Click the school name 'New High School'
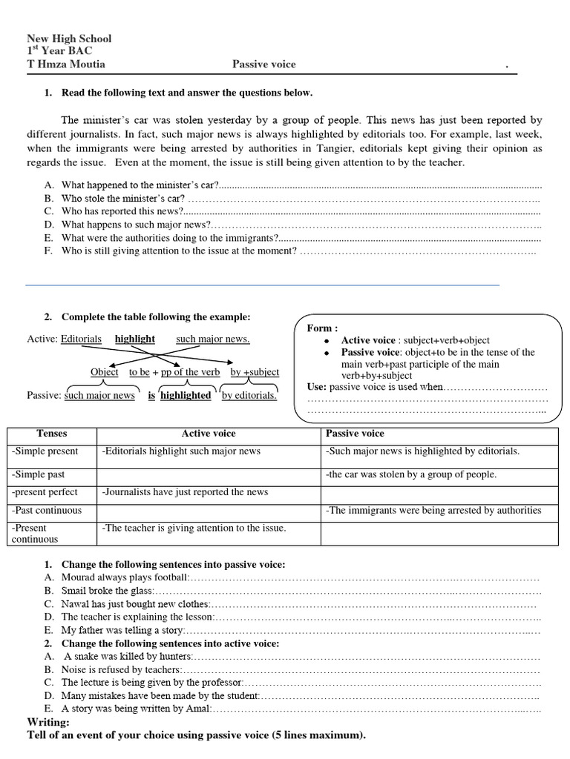[x=69, y=39]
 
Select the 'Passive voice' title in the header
[x=263, y=64]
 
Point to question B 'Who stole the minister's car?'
[x=122, y=198]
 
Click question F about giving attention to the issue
[x=179, y=251]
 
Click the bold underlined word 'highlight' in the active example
[x=134, y=339]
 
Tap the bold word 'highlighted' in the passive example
[x=186, y=395]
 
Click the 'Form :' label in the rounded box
[x=322, y=328]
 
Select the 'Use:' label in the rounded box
[x=317, y=387]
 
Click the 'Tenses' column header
[x=52, y=434]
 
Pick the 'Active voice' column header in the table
[x=209, y=434]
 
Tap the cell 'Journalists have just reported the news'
[x=185, y=492]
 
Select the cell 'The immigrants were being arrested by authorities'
[x=433, y=510]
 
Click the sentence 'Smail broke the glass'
[x=107, y=591]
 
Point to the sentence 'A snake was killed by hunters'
[x=126, y=657]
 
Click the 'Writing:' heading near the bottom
[x=48, y=722]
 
